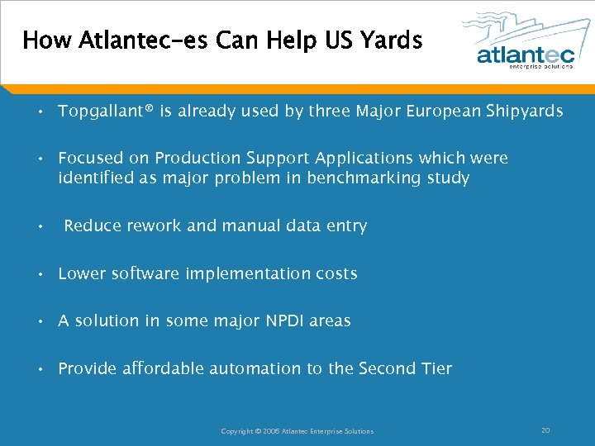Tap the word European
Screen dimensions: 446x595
(x=442, y=111)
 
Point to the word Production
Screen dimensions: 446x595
(x=193, y=158)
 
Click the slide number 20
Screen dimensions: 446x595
(x=545, y=430)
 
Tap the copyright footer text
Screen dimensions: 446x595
(x=297, y=431)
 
